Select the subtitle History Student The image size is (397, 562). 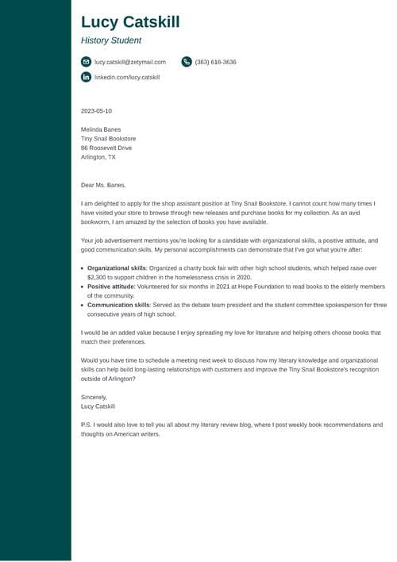(111, 40)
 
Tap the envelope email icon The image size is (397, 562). (86, 62)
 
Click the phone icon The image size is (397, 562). (187, 62)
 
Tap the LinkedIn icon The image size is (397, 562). (86, 77)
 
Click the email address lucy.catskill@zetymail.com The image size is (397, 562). (130, 62)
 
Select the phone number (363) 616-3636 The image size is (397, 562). (215, 62)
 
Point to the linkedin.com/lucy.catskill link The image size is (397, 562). (127, 77)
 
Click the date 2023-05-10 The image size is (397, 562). (96, 111)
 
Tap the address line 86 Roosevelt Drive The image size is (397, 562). (106, 148)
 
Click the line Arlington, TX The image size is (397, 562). (98, 157)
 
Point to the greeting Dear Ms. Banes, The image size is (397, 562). (103, 185)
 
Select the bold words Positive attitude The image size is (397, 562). (111, 287)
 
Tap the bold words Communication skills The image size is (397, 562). (118, 305)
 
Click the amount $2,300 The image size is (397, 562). (96, 278)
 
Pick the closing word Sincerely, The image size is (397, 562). (94, 397)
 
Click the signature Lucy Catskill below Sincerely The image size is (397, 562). (98, 406)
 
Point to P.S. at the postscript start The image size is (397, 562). (87, 425)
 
